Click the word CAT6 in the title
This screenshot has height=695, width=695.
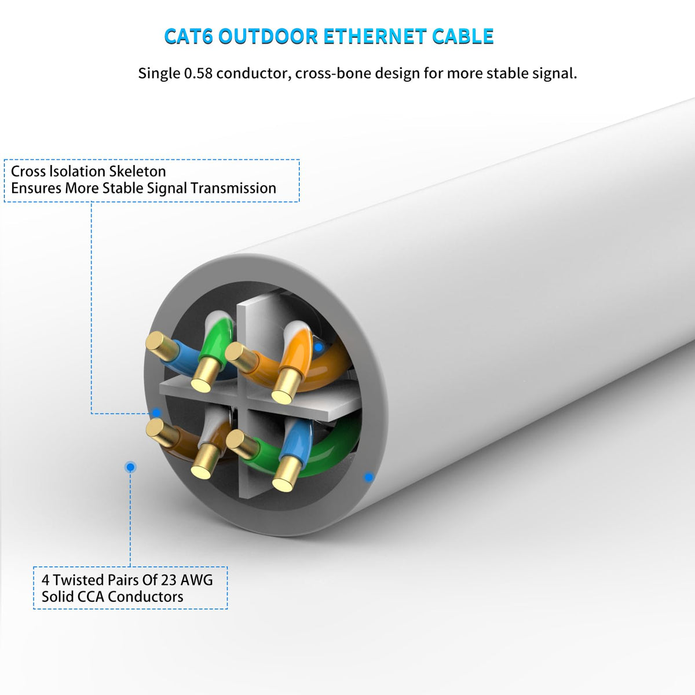(189, 36)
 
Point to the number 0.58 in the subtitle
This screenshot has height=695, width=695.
(198, 74)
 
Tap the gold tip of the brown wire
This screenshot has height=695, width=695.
(155, 429)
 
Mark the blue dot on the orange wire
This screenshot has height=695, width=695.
(318, 348)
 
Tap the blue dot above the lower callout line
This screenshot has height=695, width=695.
(131, 467)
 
